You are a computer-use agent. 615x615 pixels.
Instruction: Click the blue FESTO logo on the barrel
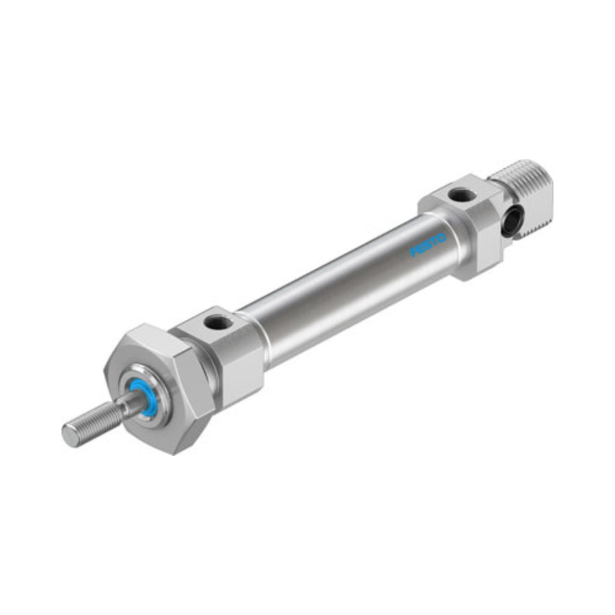428,245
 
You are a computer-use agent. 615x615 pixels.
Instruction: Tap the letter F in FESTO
413,253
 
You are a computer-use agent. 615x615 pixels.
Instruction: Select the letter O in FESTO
441,238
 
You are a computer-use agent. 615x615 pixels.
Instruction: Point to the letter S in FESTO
428,245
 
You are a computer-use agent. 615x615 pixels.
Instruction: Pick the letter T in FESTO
435,241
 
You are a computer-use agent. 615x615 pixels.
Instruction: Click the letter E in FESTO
420,249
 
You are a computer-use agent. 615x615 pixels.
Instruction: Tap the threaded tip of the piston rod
94,422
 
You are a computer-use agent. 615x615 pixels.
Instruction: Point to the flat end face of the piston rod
71,435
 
